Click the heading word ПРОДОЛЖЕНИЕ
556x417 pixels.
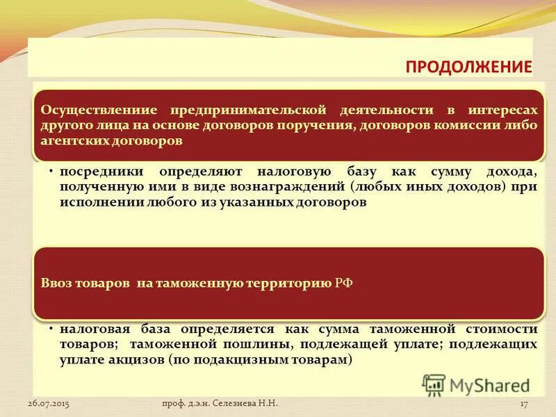pos(468,67)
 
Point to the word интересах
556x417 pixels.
pos(502,111)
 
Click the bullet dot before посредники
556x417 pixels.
pos(52,171)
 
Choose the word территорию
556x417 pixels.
pos(288,284)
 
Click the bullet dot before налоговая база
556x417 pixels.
pos(52,328)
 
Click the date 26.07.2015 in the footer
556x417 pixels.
pos(49,403)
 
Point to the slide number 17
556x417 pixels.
pos(525,403)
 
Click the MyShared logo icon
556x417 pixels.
pos(434,384)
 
